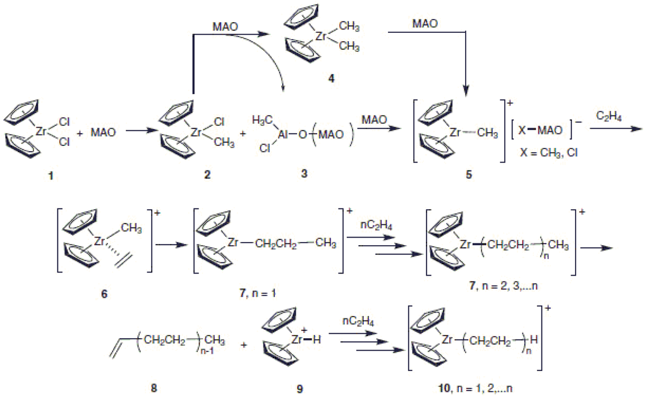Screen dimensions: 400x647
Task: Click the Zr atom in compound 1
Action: [41, 131]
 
